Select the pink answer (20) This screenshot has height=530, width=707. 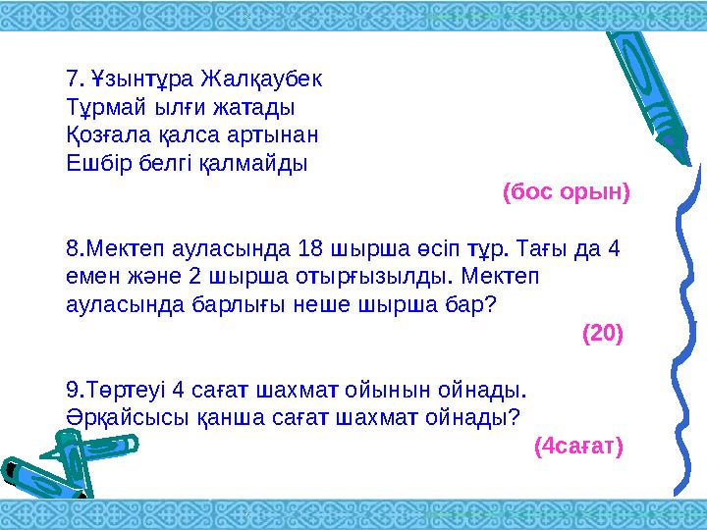pyautogui.click(x=602, y=333)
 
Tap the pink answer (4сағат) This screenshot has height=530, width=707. pyautogui.click(x=578, y=447)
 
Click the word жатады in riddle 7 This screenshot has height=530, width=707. pyautogui.click(x=257, y=105)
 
